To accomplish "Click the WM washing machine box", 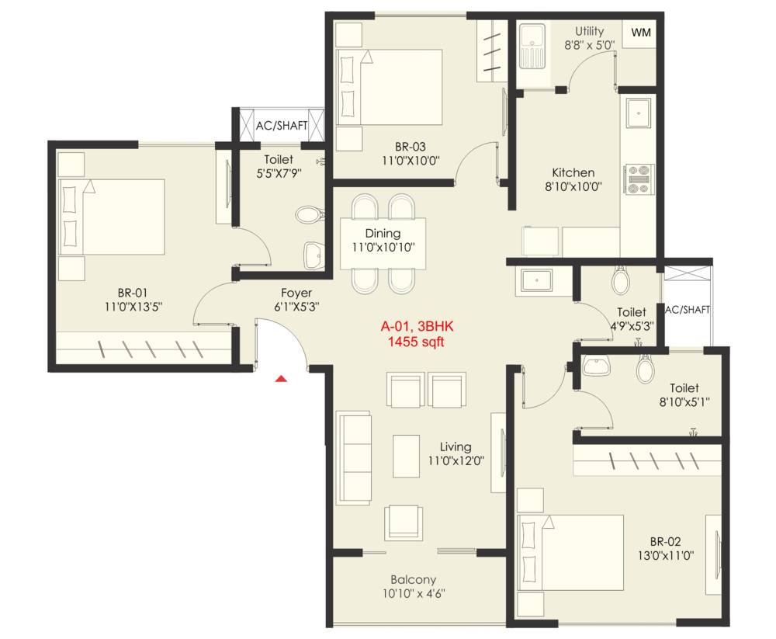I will coord(640,33).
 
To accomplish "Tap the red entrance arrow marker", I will coord(282,379).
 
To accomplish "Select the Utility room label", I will coord(589,31).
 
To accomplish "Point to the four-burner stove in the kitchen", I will coord(639,179).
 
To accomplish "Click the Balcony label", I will coord(413,579).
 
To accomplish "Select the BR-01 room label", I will coord(133,293).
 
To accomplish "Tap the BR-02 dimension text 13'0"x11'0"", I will coord(667,555).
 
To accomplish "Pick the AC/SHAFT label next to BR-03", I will coord(282,125).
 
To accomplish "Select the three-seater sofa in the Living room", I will coord(353,451).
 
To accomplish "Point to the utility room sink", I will coord(533,47).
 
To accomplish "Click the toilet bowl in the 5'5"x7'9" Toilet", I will coord(308,215).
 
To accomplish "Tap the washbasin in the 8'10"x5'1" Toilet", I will coord(597,365).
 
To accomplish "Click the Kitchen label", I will coord(573,172).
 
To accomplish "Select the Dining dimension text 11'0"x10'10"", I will coord(383,248).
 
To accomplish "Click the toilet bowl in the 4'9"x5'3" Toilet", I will coord(621,280).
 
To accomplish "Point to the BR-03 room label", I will coord(410,146).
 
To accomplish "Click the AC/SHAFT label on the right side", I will coord(687,310).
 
